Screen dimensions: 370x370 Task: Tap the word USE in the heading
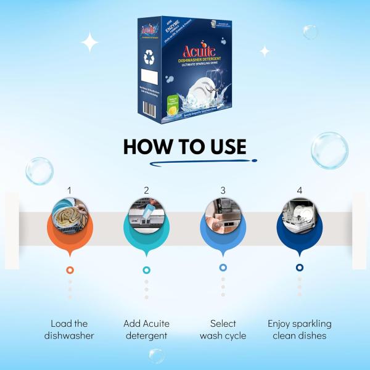[x=225, y=147]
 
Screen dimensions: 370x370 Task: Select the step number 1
[x=70, y=190]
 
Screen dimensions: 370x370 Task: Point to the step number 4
[x=300, y=190]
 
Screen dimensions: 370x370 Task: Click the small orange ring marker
[x=70, y=270]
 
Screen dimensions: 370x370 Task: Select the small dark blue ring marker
[x=300, y=268]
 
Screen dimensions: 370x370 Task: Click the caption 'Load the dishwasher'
[x=69, y=330]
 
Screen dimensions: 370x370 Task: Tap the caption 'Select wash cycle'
[x=223, y=330]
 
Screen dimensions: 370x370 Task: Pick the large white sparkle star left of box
[x=91, y=42]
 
